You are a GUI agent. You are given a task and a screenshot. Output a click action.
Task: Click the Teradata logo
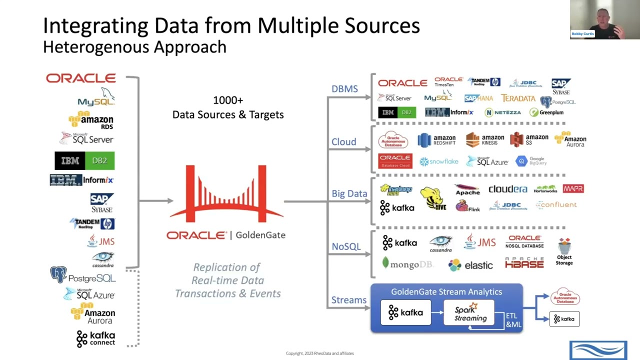(518, 98)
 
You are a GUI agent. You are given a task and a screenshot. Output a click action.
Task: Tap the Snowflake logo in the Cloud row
(438, 161)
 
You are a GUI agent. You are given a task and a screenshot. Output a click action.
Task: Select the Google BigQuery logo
(531, 161)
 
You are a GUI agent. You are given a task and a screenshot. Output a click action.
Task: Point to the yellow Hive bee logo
(432, 198)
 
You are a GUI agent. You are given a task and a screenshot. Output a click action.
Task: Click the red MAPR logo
(573, 188)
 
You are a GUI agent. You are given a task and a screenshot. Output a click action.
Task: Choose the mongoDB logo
(407, 264)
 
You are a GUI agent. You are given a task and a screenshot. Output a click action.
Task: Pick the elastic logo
(470, 265)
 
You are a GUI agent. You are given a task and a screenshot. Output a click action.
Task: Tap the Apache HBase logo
(524, 263)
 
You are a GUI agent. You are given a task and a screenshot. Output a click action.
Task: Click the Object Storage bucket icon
(564, 247)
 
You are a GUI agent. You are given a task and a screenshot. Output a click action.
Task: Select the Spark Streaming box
(468, 313)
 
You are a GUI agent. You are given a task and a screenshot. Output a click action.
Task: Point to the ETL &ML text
(513, 320)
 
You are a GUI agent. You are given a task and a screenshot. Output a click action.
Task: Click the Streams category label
(348, 300)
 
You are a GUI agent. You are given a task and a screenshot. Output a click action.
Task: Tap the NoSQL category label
(346, 246)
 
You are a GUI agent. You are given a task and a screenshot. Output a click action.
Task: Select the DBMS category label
(344, 89)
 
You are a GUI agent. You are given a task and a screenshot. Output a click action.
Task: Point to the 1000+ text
(228, 100)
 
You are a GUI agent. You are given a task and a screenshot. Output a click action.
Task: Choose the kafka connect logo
(95, 338)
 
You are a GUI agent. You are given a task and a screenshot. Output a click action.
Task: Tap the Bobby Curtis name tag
(582, 33)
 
